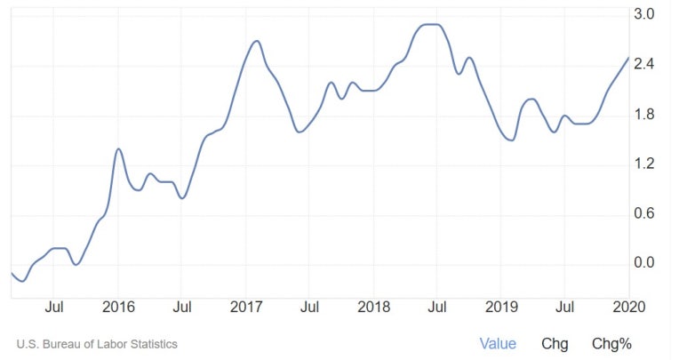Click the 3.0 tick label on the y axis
[x=644, y=14]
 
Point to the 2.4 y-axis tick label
[x=644, y=64]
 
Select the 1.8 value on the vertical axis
[x=644, y=114]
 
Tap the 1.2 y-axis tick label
[x=644, y=164]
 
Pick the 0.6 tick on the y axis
[x=644, y=213]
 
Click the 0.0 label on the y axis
[x=644, y=263]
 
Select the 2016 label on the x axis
[x=118, y=308]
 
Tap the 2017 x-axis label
[x=246, y=308]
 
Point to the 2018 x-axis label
[x=374, y=308]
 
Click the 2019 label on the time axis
[x=501, y=308]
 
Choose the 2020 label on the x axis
[x=628, y=308]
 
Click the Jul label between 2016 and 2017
[x=181, y=308]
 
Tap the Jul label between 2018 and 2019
[x=437, y=308]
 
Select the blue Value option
[x=498, y=343]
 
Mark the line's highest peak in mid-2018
[x=431, y=24]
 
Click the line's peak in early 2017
[x=256, y=41]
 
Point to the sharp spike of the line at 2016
[x=118, y=148]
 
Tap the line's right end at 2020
[x=628, y=58]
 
